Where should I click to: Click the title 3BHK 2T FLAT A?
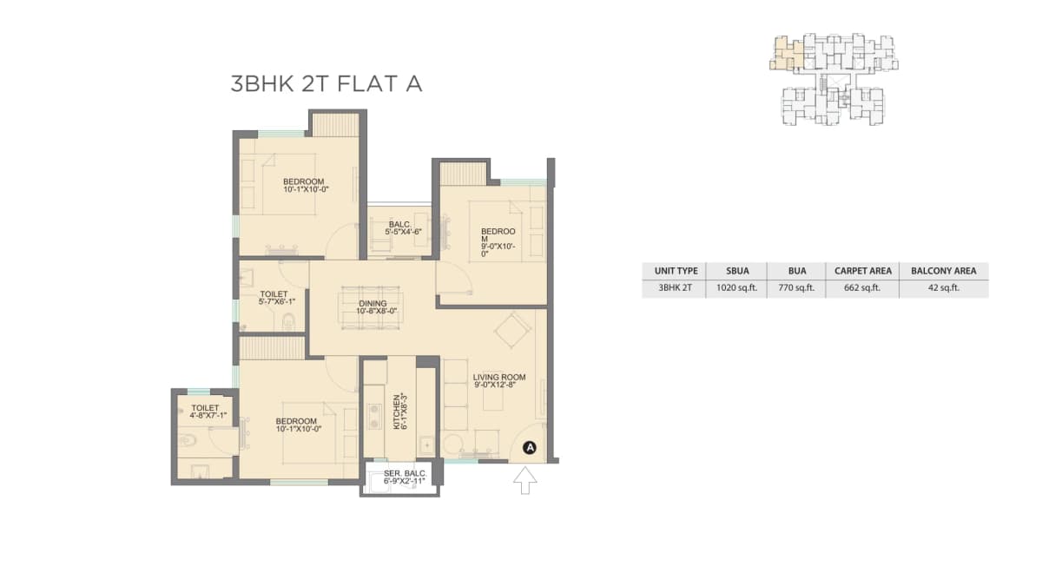click(326, 84)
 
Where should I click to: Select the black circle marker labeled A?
click(530, 448)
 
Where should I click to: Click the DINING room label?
click(372, 307)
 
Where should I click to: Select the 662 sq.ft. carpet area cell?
click(862, 288)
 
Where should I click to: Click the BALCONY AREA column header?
click(943, 271)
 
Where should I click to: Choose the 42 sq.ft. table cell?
click(943, 288)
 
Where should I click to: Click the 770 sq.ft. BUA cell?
click(795, 288)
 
